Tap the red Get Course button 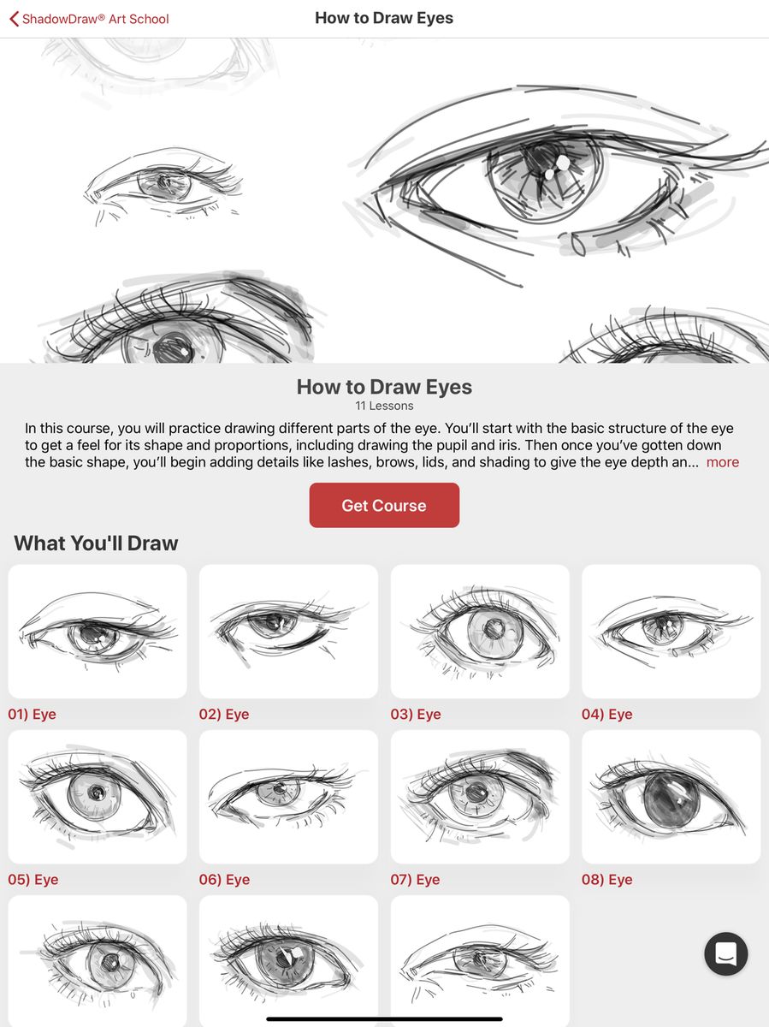(x=384, y=505)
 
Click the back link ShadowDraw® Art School (x=95, y=19)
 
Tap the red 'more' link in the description (x=722, y=462)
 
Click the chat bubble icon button (x=725, y=953)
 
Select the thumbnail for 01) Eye (x=98, y=631)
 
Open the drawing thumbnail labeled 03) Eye (x=480, y=631)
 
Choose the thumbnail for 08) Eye (x=671, y=796)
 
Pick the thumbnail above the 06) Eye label (x=288, y=796)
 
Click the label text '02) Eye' (x=224, y=714)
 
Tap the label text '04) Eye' (x=606, y=714)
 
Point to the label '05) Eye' (x=33, y=879)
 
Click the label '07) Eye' (x=415, y=879)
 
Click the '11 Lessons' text (x=384, y=406)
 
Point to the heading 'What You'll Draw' (x=96, y=543)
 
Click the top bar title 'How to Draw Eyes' (x=384, y=18)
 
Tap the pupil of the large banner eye (x=544, y=163)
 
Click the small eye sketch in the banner (x=163, y=184)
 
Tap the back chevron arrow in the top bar (x=14, y=19)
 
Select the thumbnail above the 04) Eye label (x=671, y=631)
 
